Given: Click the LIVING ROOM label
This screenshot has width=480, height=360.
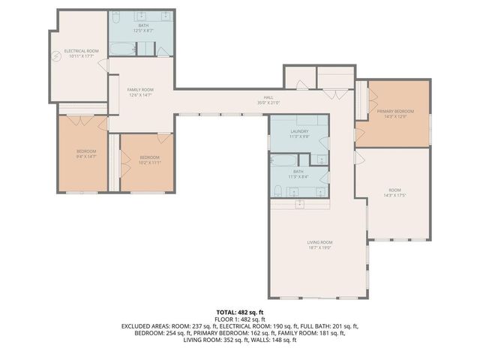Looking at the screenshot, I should click(x=319, y=242).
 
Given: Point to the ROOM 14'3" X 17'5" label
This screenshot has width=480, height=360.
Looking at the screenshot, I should click(x=394, y=192).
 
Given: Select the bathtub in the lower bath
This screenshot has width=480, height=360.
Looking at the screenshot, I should click(x=283, y=160).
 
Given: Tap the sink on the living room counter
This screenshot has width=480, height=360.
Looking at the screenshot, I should click(x=300, y=203).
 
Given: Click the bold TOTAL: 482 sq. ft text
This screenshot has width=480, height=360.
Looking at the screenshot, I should click(x=239, y=311).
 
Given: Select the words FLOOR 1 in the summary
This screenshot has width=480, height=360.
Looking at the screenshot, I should click(x=227, y=319).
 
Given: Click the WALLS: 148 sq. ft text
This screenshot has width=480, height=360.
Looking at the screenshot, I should click(x=277, y=340).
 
